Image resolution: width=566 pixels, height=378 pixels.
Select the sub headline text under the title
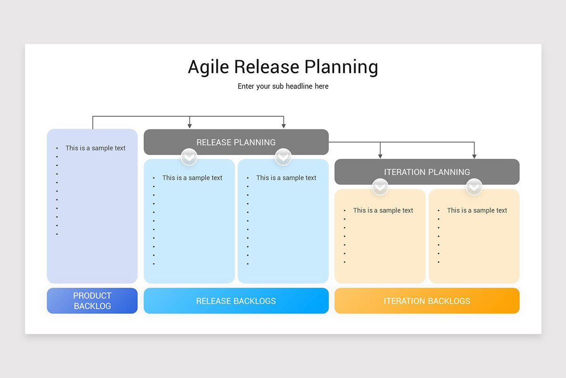283,86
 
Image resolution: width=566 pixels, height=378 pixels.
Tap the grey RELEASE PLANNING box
236,142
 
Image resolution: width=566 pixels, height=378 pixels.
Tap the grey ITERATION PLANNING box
427,172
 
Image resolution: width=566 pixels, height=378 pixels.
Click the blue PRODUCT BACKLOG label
92,301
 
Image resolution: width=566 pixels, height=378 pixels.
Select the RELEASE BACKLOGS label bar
236,301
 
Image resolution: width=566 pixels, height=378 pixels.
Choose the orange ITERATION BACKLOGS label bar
427,301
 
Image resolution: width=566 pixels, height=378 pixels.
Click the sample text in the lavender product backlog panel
95,148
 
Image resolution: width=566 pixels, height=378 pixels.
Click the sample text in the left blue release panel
192,178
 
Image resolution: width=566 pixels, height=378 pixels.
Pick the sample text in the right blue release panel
286,178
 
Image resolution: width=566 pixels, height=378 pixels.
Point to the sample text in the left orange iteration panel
383,211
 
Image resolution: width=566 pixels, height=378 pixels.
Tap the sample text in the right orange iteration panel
477,211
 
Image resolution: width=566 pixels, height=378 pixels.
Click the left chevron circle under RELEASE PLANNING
189,157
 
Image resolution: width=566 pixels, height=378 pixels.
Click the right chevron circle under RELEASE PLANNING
283,157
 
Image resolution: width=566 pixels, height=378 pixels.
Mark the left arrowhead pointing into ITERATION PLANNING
380,156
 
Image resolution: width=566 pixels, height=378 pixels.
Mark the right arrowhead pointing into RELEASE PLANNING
283,126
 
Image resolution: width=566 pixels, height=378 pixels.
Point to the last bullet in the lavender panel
57,234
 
